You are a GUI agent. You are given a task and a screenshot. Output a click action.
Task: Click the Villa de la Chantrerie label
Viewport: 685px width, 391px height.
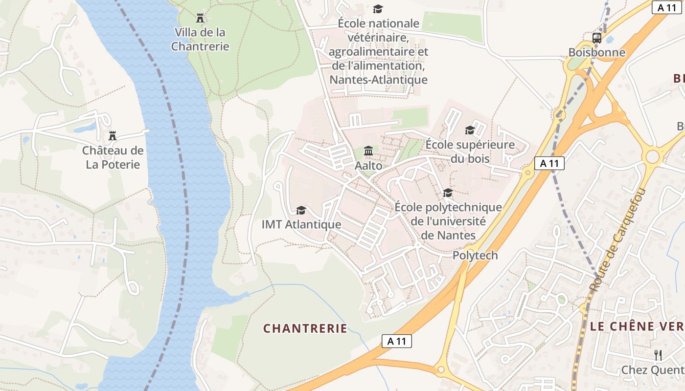point(200,40)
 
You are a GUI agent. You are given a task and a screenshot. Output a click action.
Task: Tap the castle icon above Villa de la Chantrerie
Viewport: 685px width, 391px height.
point(200,18)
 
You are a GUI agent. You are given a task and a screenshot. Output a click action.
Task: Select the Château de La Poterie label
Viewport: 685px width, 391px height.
point(113,157)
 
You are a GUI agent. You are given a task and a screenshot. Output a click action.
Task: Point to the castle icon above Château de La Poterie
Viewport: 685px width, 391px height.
point(113,135)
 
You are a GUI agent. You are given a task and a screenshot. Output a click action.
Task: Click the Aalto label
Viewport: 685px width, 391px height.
point(368,166)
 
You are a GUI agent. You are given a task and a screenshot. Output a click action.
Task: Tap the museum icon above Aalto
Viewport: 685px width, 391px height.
point(368,150)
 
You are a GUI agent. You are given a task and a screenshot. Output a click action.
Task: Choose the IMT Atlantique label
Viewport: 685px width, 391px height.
point(301,224)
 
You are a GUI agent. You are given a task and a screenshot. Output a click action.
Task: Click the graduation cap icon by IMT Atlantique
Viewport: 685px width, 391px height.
point(301,210)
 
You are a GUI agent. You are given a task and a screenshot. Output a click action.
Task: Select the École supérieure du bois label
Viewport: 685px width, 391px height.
point(470,152)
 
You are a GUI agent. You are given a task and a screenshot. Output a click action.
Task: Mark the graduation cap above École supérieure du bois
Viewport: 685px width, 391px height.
point(470,130)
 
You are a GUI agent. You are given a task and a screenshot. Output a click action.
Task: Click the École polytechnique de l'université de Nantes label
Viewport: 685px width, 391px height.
point(448,221)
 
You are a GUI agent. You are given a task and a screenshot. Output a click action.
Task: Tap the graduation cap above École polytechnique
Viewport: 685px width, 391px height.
point(448,193)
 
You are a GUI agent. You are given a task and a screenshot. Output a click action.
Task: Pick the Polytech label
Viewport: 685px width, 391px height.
point(475,255)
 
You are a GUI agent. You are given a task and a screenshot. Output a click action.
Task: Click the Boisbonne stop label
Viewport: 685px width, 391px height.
point(597,52)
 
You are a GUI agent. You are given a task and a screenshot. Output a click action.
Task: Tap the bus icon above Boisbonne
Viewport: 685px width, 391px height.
point(597,38)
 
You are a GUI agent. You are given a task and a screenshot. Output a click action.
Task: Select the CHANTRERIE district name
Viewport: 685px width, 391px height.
point(305,328)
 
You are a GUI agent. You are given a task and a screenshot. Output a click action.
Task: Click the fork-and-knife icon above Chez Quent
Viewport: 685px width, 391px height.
point(658,355)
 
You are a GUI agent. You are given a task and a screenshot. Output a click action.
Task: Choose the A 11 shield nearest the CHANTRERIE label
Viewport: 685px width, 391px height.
point(396,341)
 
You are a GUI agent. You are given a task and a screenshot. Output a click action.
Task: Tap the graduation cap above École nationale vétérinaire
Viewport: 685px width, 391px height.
point(378,9)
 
